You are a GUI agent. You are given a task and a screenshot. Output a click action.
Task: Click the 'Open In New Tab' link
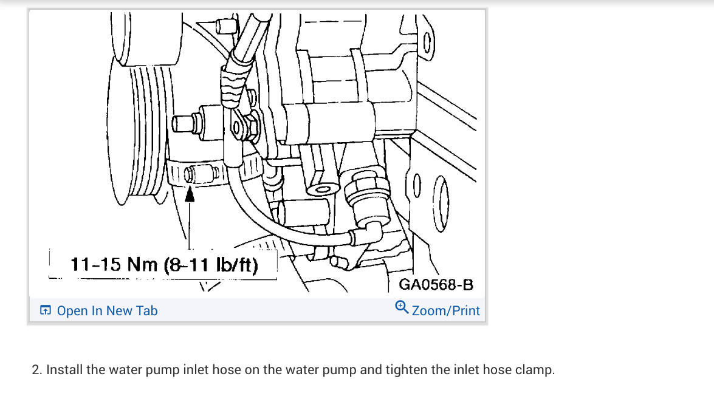107,311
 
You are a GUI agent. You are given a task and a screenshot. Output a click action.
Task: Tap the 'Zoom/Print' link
445,311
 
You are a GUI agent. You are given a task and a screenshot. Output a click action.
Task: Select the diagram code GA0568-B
436,285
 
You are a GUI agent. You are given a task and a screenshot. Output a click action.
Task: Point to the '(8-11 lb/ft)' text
211,265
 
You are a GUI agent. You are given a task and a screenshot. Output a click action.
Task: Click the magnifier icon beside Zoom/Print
402,307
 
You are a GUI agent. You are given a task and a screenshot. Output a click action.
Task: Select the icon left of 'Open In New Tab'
45,311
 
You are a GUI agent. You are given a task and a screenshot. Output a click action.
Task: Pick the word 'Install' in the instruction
64,370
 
